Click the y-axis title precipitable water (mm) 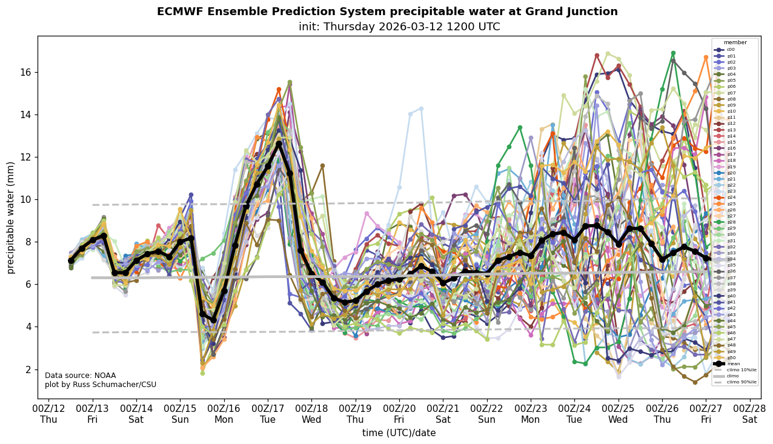[10, 217]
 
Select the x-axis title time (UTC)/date [399, 433]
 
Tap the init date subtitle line [399, 27]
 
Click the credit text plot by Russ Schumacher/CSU [101, 385]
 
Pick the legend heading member [735, 42]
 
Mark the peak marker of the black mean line [279, 144]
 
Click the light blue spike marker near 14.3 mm [421, 109]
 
